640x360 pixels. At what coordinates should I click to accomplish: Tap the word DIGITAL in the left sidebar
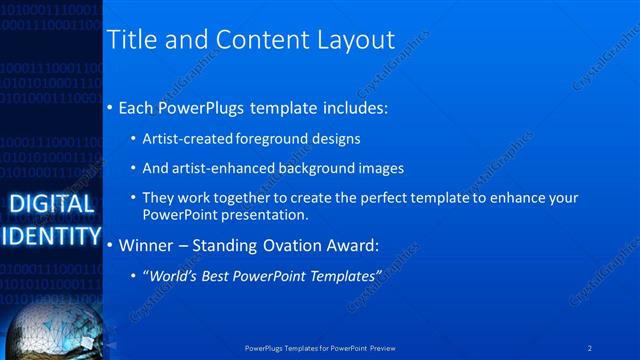pos(51,204)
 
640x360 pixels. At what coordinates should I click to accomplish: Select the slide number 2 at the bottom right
pos(590,348)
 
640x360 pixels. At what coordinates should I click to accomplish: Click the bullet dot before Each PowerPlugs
pos(110,107)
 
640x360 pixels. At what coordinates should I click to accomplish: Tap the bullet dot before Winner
pos(110,244)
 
